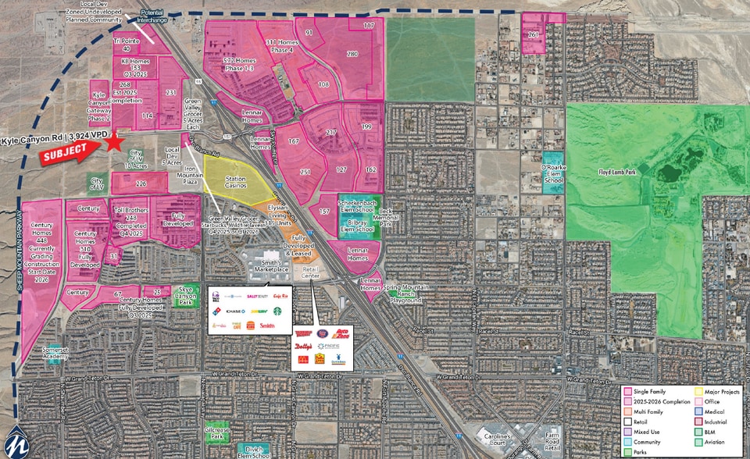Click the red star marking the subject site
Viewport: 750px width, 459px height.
tap(115, 141)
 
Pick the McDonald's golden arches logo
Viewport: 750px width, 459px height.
tap(302, 359)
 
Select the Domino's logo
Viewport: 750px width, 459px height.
tap(216, 311)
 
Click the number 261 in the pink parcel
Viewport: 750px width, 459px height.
tap(534, 36)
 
